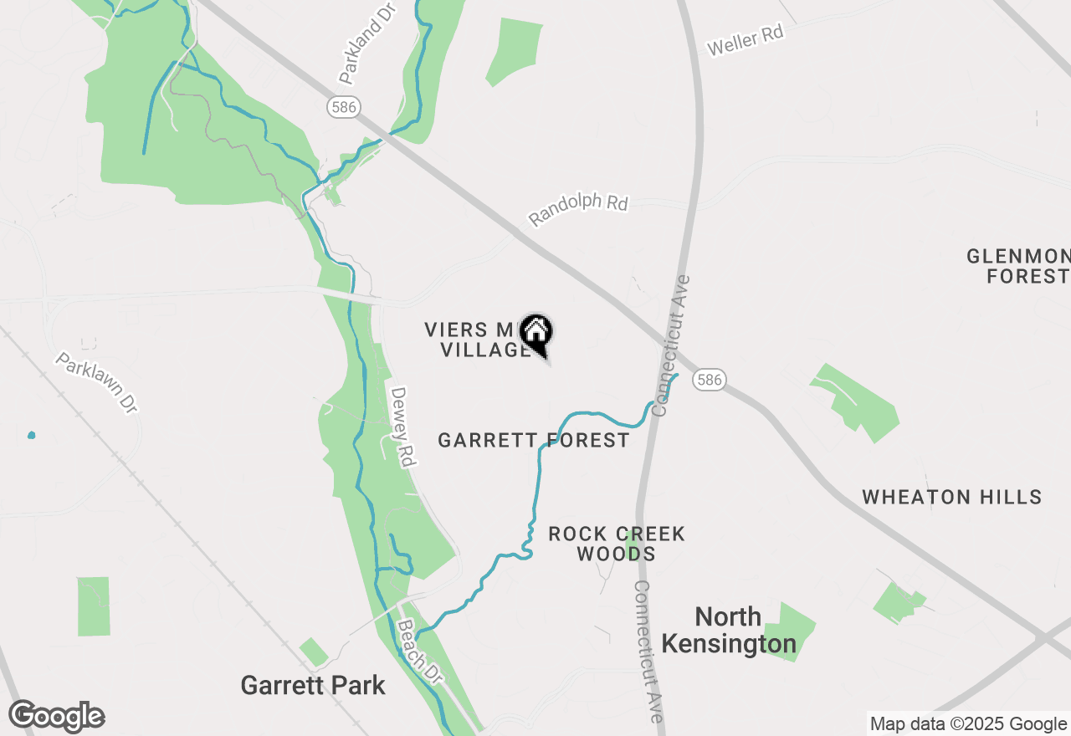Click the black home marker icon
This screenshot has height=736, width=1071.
536,333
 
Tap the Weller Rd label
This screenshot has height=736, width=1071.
745,40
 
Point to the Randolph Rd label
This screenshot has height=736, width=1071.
578,209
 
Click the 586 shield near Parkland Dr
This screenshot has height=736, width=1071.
342,106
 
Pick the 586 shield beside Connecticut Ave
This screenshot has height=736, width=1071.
708,380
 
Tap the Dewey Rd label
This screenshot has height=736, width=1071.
403,427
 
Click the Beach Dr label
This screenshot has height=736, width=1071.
418,652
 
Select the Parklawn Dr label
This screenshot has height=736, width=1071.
96,382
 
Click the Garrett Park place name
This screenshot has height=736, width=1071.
313,686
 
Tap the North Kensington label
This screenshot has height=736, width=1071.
729,631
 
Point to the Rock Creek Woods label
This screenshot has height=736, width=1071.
617,544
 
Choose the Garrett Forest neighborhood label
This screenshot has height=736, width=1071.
534,440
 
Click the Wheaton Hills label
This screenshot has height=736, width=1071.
952,497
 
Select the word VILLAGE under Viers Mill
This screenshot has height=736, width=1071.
484,350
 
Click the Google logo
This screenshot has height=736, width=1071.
57,716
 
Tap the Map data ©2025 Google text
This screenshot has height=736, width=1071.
968,724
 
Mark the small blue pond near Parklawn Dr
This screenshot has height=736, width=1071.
32,435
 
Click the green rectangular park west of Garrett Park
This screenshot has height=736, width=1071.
94,606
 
